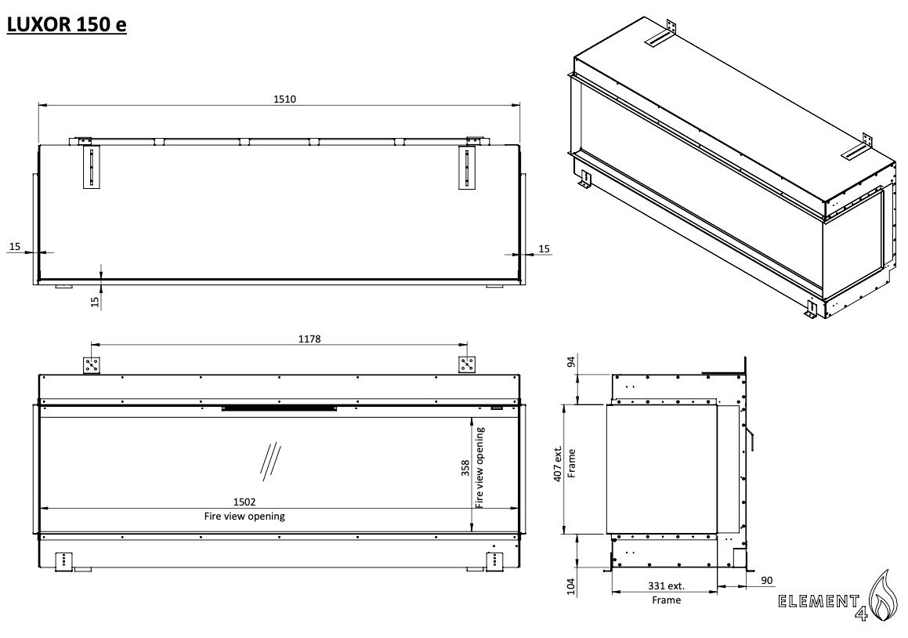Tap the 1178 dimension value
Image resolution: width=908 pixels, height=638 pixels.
(x=279, y=339)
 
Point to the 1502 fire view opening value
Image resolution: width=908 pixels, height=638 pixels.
(x=244, y=502)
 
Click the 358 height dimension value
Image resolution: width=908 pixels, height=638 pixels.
(x=465, y=468)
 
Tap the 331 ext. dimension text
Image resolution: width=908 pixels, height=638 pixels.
(x=666, y=585)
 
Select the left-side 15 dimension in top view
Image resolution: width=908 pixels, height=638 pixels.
(x=15, y=247)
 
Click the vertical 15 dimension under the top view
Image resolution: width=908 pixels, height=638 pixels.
(x=95, y=300)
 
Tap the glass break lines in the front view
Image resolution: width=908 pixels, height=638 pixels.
(x=270, y=459)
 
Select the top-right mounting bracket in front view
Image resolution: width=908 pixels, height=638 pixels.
(x=468, y=365)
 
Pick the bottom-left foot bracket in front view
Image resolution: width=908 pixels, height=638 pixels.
(x=63, y=560)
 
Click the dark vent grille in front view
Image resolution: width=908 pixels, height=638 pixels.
(x=280, y=408)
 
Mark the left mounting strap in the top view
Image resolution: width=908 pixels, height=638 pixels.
(x=92, y=167)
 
